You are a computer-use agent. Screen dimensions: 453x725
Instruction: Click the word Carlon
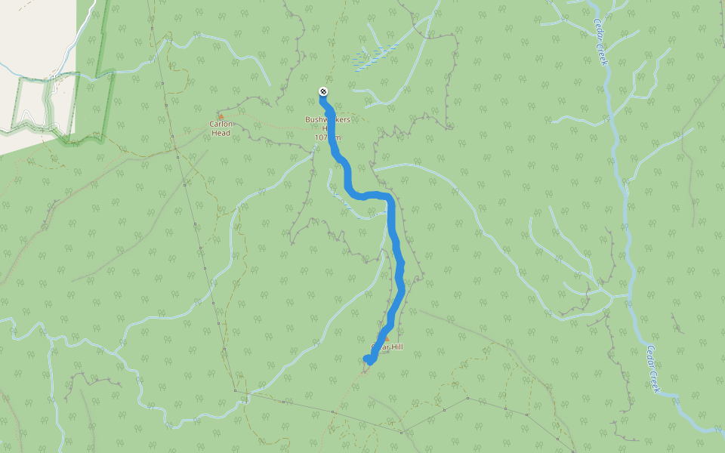pyautogui.click(x=221, y=125)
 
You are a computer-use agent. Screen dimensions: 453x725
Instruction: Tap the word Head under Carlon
pyautogui.click(x=221, y=133)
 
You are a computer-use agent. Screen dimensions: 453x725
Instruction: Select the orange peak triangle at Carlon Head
pyautogui.click(x=221, y=116)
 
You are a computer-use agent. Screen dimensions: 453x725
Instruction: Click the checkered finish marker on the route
pyautogui.click(x=323, y=92)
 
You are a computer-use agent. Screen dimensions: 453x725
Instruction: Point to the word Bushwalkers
pyautogui.click(x=328, y=119)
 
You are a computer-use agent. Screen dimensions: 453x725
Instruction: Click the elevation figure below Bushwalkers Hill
pyautogui.click(x=328, y=137)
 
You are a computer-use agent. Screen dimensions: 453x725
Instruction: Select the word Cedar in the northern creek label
pyautogui.click(x=597, y=32)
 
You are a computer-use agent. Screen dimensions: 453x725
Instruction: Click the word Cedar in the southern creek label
pyautogui.click(x=651, y=357)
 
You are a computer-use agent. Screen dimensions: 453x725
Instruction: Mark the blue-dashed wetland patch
pyautogui.click(x=373, y=57)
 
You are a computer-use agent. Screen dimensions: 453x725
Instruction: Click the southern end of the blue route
pyautogui.click(x=367, y=359)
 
